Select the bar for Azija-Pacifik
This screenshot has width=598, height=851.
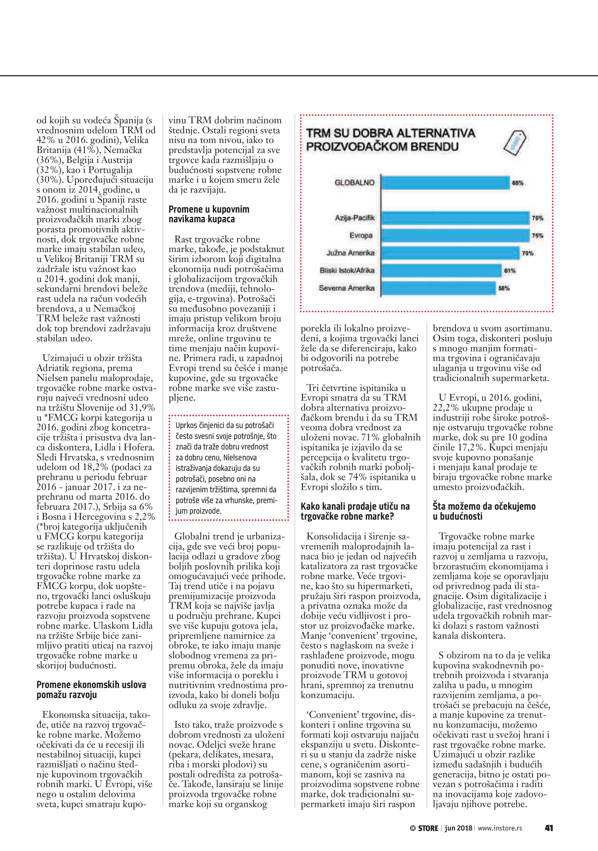coord(455,218)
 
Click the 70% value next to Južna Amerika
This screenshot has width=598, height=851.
coord(528,253)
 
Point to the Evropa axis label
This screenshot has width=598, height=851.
coord(361,235)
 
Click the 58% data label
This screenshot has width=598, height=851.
coord(504,288)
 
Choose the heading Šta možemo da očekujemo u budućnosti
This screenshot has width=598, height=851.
coord(484,511)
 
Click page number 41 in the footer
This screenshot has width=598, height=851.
coord(549,828)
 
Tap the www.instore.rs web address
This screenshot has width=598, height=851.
coord(500,828)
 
